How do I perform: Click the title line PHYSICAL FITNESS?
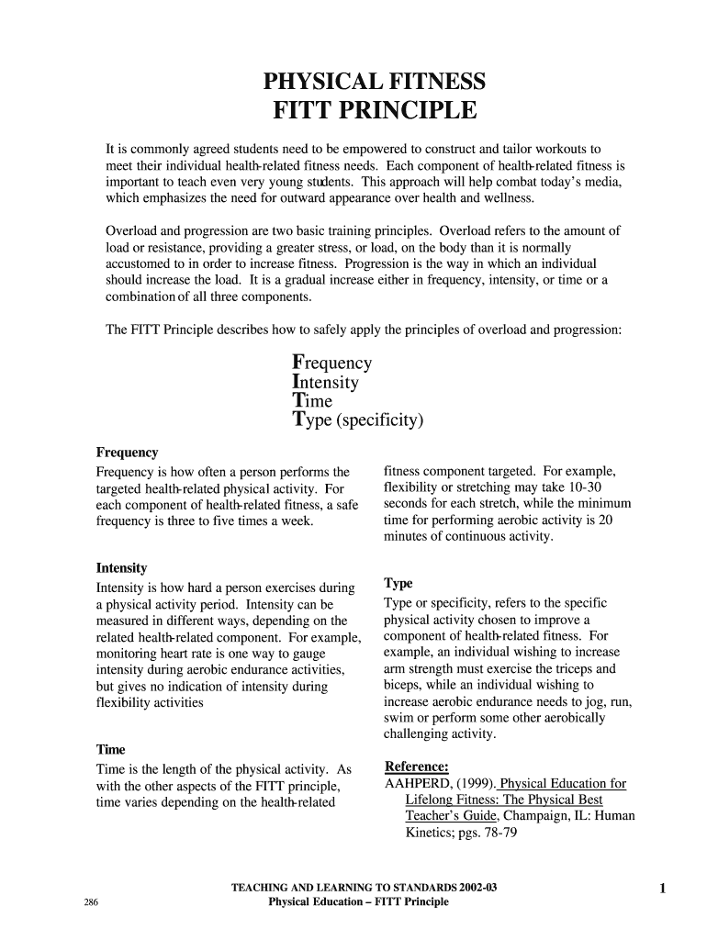(x=374, y=84)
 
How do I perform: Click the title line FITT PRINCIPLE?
(x=374, y=113)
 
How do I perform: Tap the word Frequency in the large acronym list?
(x=331, y=363)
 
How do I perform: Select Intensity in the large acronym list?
(x=325, y=382)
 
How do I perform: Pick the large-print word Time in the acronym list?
(x=312, y=401)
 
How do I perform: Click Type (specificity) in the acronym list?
(x=357, y=421)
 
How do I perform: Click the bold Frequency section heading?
(x=127, y=453)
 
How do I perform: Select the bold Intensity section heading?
(x=121, y=568)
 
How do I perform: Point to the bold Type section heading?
(x=398, y=584)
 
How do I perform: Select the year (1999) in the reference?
(x=475, y=784)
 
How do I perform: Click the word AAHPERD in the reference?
(x=417, y=784)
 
